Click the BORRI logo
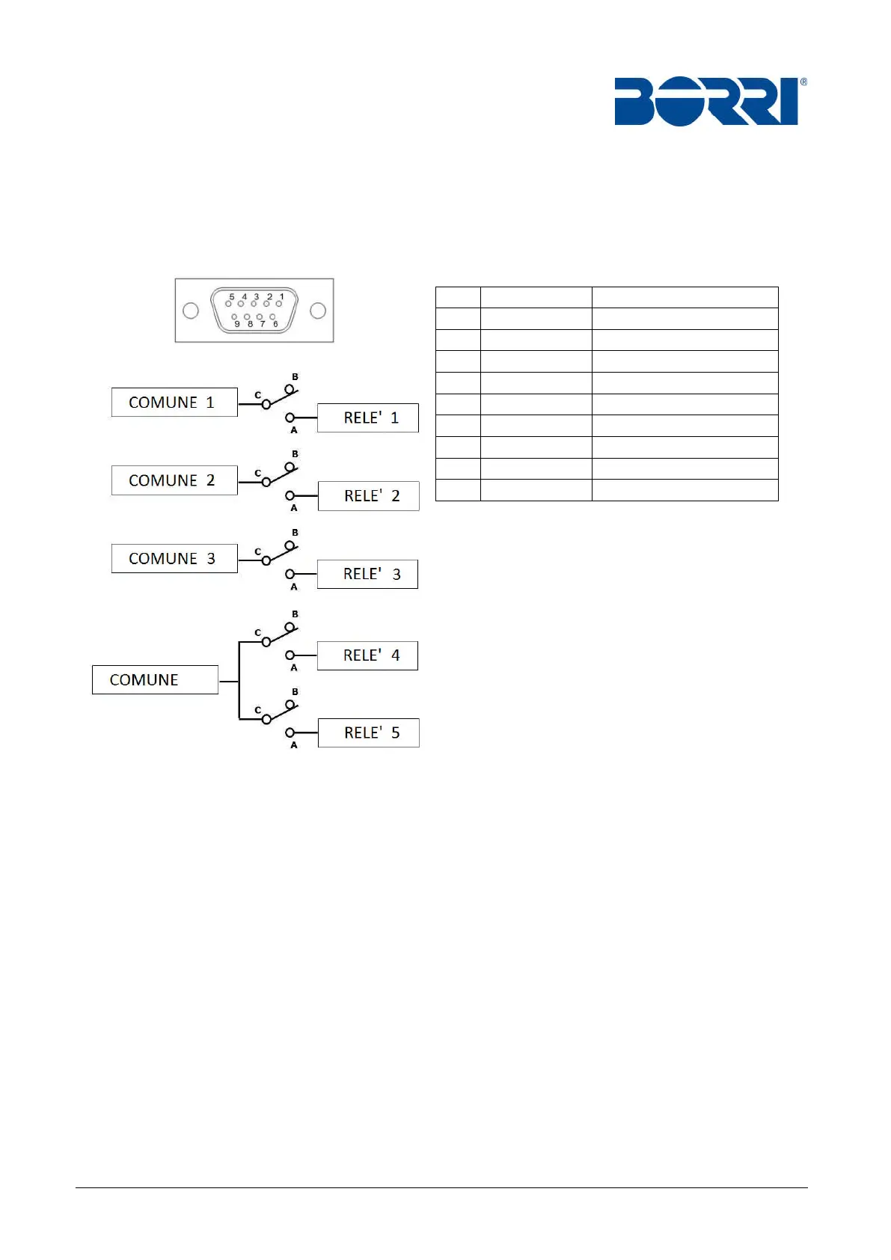(706, 101)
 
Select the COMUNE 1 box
(174, 403)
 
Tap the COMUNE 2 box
(174, 480)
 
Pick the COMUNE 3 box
(174, 559)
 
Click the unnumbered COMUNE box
(155, 680)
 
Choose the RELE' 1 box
(368, 418)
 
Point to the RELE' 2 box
(369, 496)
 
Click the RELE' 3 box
(368, 575)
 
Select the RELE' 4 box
(368, 656)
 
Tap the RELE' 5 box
(369, 733)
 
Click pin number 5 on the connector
(229, 304)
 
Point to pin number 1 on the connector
(279, 304)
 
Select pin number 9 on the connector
(235, 317)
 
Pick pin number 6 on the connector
(272, 317)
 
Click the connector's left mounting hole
(191, 311)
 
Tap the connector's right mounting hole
(318, 311)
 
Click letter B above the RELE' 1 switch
(295, 377)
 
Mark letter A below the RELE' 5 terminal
(294, 745)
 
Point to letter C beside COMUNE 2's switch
(257, 473)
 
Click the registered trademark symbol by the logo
(803, 82)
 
